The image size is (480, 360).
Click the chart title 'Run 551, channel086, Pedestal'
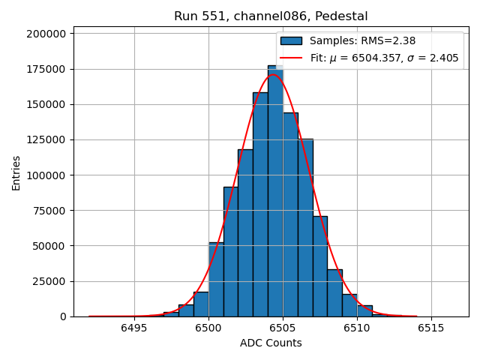point(271,16)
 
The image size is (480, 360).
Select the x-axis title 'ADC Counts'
point(271,343)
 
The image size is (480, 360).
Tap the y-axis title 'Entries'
point(16,172)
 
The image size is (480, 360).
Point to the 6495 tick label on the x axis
point(134,328)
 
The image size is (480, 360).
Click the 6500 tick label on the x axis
point(208,328)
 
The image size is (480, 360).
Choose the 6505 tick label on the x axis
point(283,328)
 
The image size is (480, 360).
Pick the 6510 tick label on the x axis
point(357,328)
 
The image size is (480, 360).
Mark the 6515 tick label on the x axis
point(431,328)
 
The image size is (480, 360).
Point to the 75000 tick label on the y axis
point(49,210)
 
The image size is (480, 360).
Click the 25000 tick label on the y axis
point(49,281)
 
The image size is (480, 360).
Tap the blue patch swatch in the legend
point(291,41)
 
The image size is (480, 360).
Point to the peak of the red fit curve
point(273,75)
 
